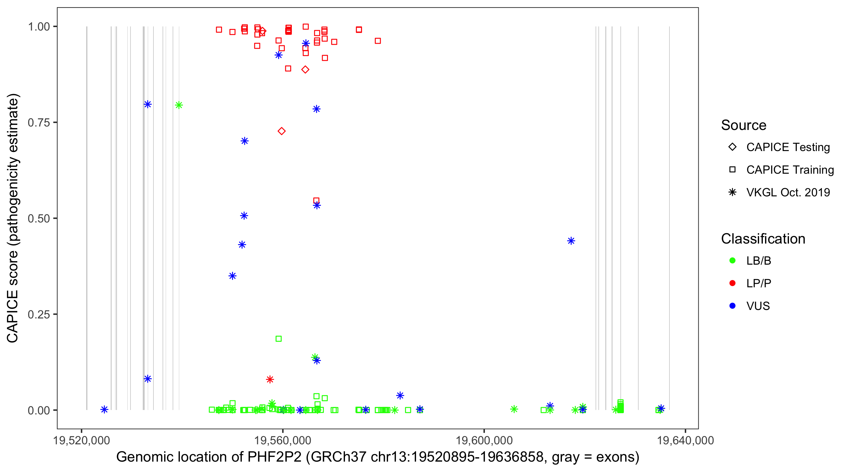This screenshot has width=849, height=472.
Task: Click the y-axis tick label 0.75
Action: click(38, 122)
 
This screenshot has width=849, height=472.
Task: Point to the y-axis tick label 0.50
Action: click(38, 218)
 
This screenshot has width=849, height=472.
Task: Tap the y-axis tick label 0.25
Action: click(38, 314)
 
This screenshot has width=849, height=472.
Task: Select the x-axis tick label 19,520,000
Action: click(81, 440)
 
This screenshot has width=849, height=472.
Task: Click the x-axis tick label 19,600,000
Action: click(484, 440)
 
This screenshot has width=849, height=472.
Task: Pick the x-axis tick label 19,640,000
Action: click(685, 440)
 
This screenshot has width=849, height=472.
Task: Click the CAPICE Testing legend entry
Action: click(788, 147)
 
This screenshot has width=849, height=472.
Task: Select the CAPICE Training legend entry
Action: click(790, 170)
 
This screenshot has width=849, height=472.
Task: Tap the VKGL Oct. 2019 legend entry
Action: click(788, 192)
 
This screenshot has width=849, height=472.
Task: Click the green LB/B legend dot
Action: click(732, 261)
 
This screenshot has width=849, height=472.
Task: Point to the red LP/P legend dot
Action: click(732, 283)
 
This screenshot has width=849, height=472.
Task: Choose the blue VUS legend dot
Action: click(732, 306)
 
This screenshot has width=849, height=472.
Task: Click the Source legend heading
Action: click(744, 125)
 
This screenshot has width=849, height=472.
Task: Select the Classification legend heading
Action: click(763, 239)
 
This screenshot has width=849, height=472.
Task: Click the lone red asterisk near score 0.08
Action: click(270, 379)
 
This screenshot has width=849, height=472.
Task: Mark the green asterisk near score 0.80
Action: click(179, 105)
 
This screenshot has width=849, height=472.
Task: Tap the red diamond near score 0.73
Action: click(281, 131)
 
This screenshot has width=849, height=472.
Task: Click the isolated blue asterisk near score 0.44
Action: click(571, 241)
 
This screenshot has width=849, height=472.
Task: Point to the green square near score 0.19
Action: click(279, 339)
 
